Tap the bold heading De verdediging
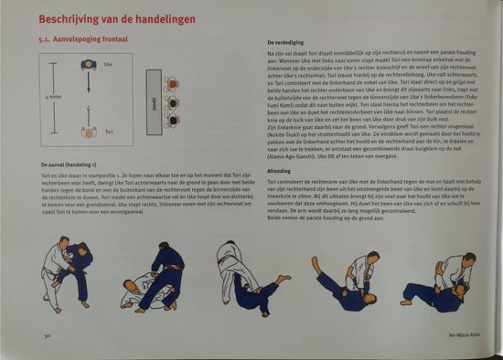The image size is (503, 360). coord(286,44)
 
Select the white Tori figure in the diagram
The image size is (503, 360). coord(89,131)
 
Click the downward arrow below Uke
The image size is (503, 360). coord(89,87)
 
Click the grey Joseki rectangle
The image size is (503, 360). coord(153,99)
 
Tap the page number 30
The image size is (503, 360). coord(44,336)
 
